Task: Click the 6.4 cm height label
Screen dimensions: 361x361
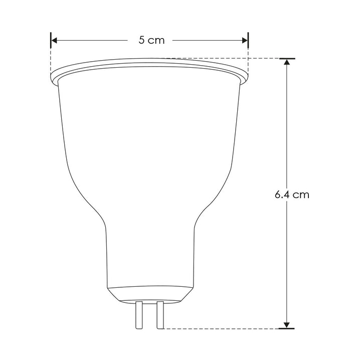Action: (x=292, y=195)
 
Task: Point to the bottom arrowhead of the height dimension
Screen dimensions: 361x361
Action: (x=287, y=324)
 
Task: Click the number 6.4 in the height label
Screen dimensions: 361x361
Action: (x=282, y=195)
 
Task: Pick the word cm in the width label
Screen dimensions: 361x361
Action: (x=157, y=41)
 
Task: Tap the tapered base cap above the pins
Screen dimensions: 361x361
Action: (x=150, y=293)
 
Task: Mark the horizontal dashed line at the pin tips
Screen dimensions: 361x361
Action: (x=221, y=329)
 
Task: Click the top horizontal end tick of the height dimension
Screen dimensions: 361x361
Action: (x=287, y=59)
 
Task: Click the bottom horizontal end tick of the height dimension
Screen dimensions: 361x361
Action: (x=287, y=329)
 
